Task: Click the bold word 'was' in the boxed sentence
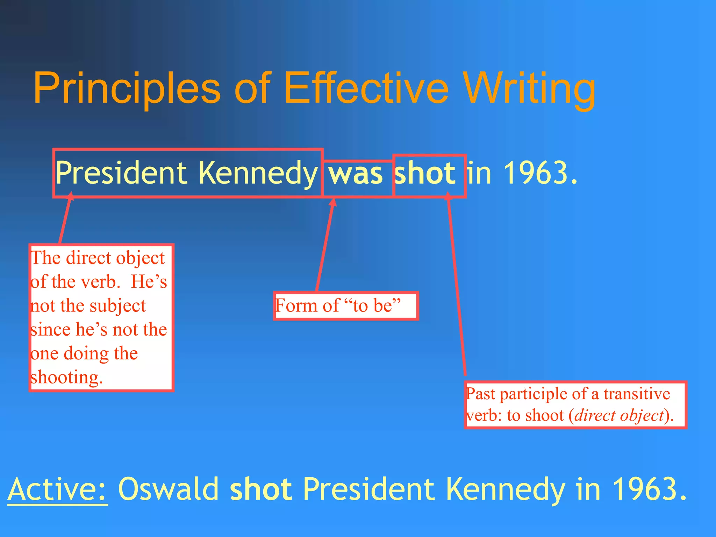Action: tap(356, 174)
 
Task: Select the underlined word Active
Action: tap(58, 489)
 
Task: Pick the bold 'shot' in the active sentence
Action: tap(261, 489)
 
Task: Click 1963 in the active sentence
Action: tap(645, 489)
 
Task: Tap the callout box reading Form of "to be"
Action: tap(346, 306)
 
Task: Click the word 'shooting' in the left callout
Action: tap(66, 378)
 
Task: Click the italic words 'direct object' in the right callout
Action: tap(619, 416)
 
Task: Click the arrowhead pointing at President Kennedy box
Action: tap(70, 196)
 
